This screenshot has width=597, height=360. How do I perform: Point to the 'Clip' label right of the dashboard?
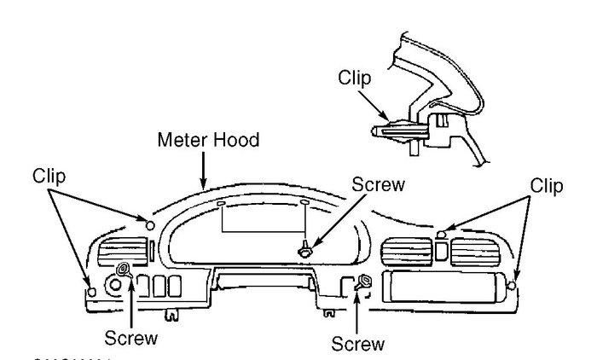click(x=546, y=184)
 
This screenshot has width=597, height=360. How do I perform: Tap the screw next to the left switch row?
click(x=125, y=270)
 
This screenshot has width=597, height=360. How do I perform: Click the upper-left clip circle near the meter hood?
click(x=150, y=225)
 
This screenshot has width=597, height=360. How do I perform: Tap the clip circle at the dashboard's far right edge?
click(x=510, y=287)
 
